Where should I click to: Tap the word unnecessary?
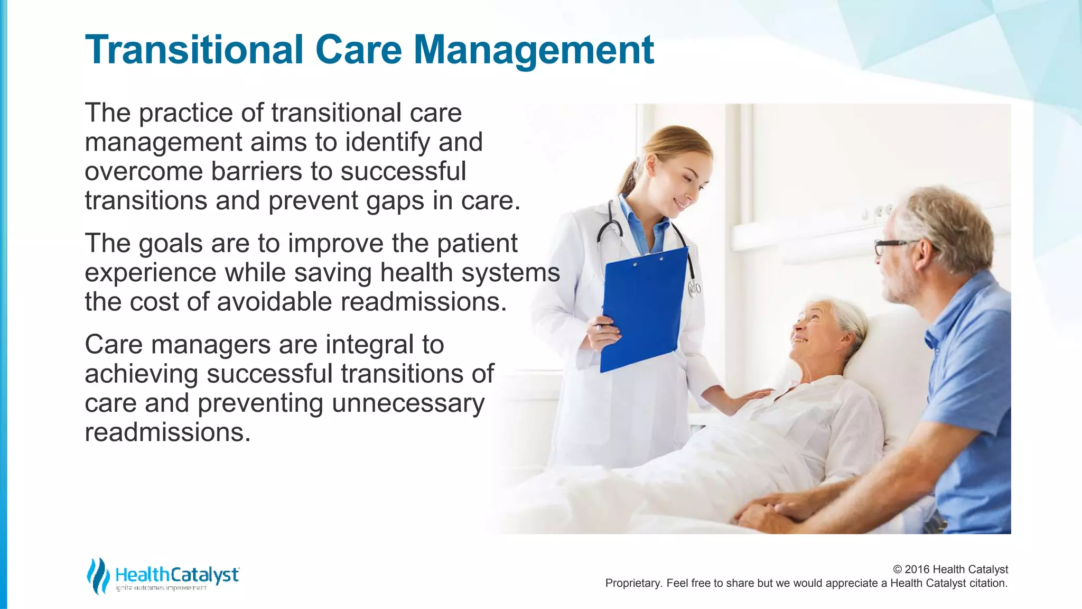(408, 403)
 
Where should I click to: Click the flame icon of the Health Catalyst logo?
(98, 576)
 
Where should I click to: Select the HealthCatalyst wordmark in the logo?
(177, 575)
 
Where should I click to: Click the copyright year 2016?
(917, 569)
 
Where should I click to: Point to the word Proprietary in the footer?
(632, 583)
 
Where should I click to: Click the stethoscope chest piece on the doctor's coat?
(694, 289)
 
